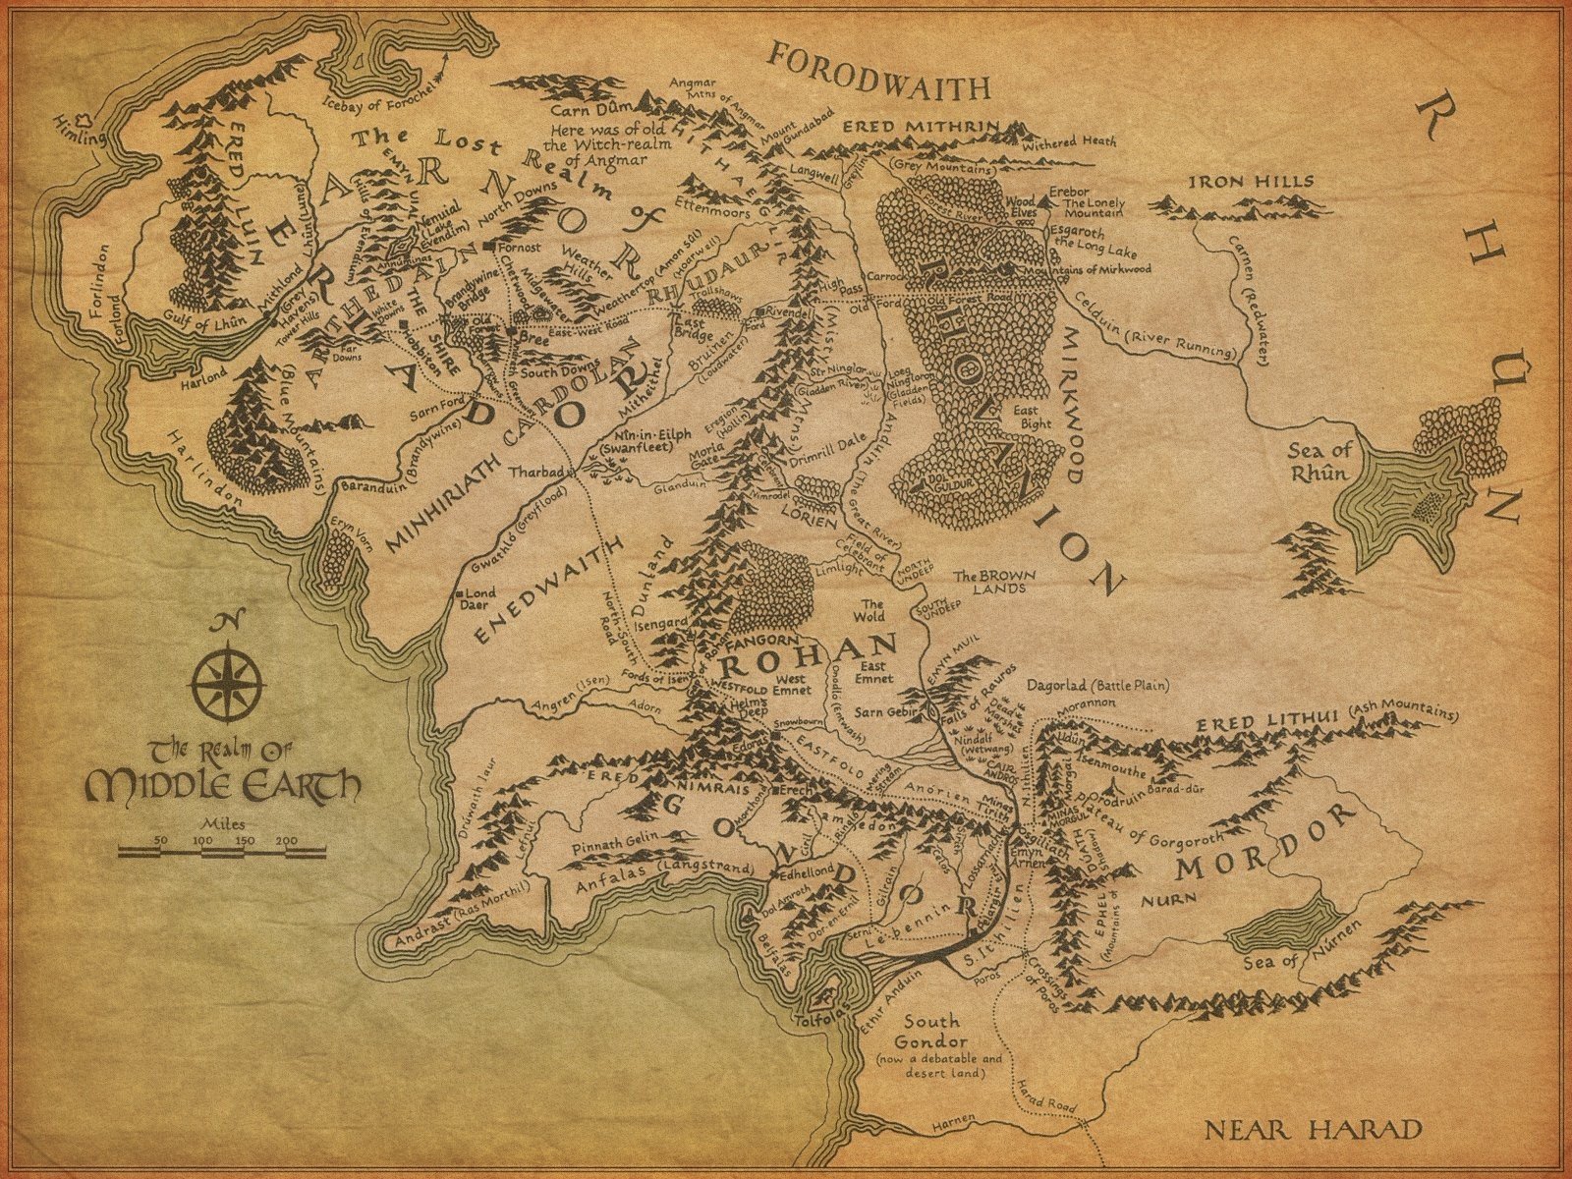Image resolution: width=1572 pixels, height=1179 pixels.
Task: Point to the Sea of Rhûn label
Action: point(1320,461)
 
